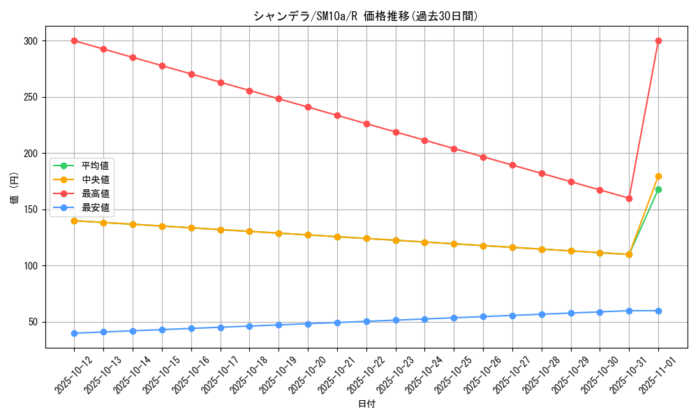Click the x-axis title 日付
tap(366, 404)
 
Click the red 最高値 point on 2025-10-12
tap(74, 41)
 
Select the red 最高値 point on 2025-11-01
tap(658, 41)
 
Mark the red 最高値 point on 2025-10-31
tap(629, 198)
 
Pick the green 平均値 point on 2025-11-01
tap(658, 189)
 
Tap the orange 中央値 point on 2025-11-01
tap(658, 176)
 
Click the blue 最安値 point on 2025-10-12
tap(74, 333)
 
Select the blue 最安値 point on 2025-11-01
tap(658, 311)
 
